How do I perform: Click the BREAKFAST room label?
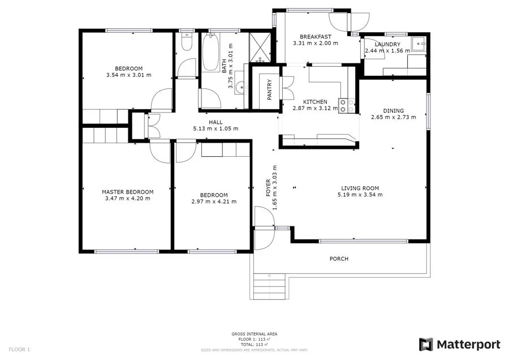[315, 36]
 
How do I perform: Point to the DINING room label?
[393, 111]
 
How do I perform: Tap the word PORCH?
[339, 259]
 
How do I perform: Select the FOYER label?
[269, 187]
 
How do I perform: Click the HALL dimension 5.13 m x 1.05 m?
[215, 128]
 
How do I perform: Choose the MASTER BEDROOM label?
[127, 192]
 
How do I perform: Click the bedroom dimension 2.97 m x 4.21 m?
[214, 201]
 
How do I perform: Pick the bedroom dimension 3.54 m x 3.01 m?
[128, 75]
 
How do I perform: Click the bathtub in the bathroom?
[211, 53]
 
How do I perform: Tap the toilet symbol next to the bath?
[186, 44]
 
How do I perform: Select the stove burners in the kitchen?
[346, 105]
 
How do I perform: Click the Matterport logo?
[459, 344]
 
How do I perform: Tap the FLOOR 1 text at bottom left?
[19, 349]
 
